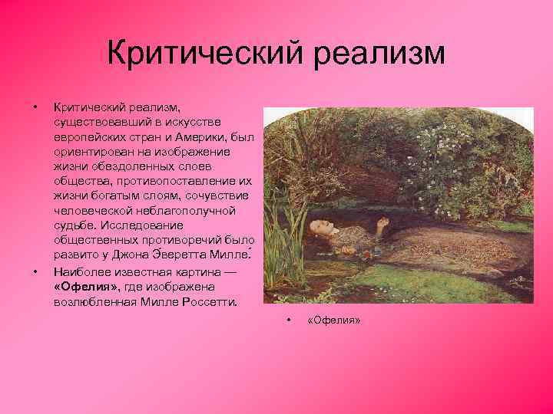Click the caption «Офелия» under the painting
333,320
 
